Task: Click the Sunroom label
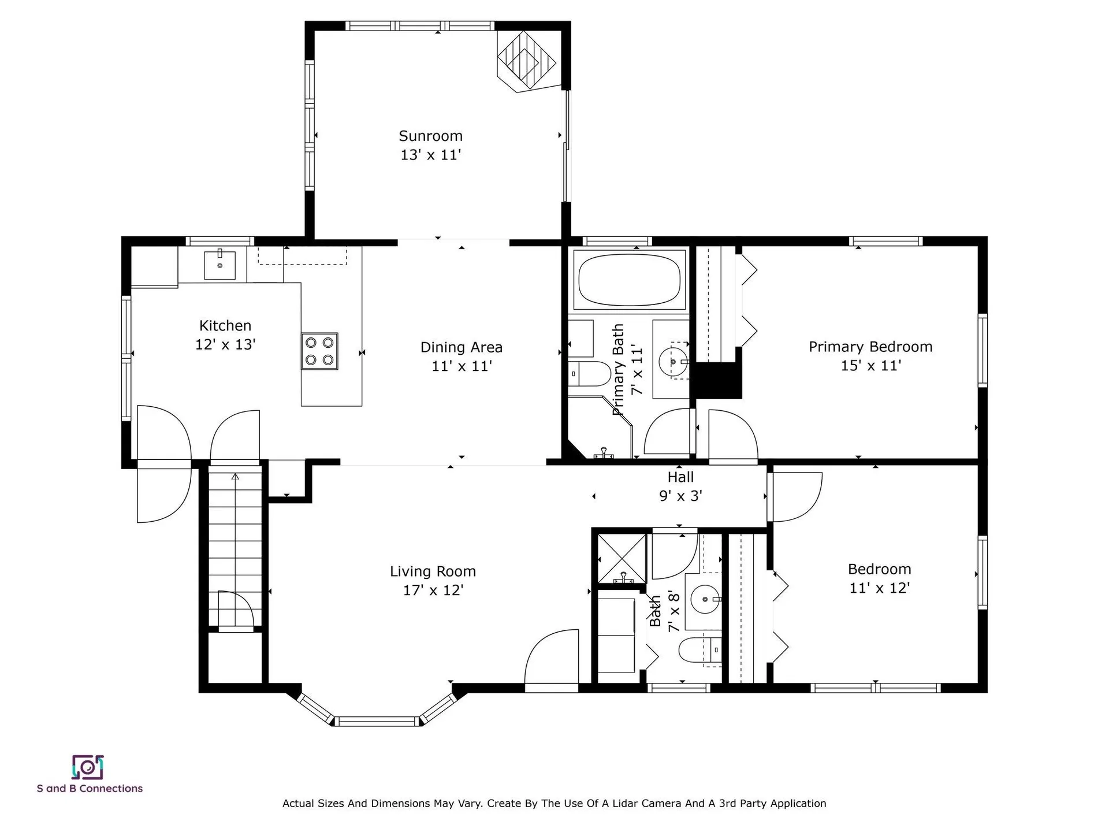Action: [x=430, y=136]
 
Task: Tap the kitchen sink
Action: [x=220, y=265]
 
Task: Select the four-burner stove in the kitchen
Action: [x=319, y=351]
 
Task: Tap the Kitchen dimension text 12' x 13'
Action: [x=225, y=345]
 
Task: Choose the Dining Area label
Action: [x=462, y=347]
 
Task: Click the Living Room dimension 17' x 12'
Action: [x=433, y=590]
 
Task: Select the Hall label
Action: [x=680, y=477]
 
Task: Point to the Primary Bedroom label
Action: [x=870, y=347]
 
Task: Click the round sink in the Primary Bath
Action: [x=673, y=361]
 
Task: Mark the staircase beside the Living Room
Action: [x=235, y=549]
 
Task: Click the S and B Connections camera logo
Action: [x=87, y=767]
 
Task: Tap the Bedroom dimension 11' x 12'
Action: [x=880, y=588]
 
